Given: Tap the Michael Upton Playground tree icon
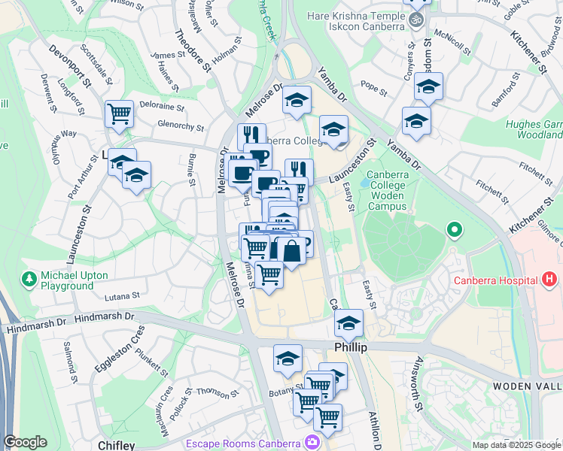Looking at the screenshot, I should [x=29, y=279].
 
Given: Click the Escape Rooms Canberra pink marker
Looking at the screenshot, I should [x=312, y=442].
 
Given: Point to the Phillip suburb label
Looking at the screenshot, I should [x=350, y=348].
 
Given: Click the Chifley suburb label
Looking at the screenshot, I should [x=117, y=445].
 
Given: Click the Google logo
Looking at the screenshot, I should [x=25, y=442].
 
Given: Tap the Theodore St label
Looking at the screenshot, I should [x=192, y=50].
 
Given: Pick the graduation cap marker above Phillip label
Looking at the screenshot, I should [x=348, y=324].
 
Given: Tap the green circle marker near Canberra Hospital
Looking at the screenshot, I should [x=453, y=229].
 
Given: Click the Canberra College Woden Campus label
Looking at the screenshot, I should [x=387, y=190].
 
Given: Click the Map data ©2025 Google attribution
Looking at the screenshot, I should [x=517, y=445].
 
